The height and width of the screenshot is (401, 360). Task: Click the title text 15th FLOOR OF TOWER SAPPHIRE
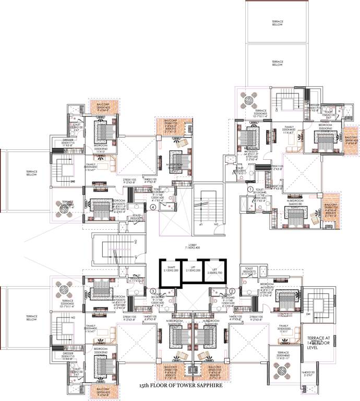pos(181,385)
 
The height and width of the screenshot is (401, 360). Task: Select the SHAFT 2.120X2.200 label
pos(170,270)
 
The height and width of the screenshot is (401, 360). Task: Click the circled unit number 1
pos(250,190)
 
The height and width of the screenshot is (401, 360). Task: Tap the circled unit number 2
pos(232,291)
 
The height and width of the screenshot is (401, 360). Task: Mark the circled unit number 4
pos(153,207)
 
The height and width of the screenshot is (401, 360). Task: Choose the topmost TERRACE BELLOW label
pos(277,23)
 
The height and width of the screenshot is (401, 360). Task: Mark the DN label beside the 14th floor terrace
pos(308,314)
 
